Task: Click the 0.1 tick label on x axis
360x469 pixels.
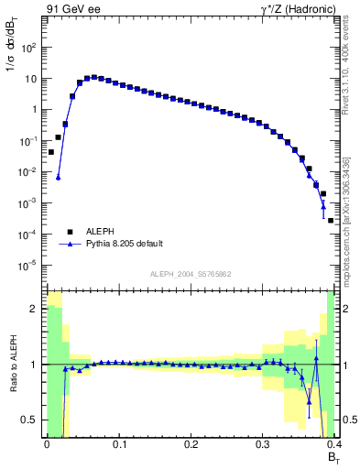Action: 118,444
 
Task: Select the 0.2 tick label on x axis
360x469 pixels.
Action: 191,444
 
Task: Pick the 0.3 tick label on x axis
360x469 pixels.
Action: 263,444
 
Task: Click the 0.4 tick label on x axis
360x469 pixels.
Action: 333,444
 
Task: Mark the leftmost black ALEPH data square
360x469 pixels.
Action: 50,152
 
